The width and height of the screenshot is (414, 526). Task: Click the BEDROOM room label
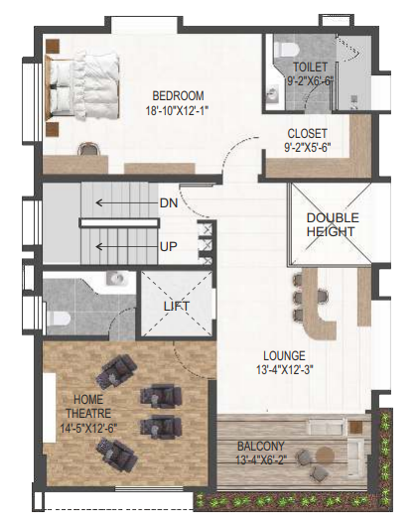coord(178,96)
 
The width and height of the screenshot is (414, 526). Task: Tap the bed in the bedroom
coord(82,85)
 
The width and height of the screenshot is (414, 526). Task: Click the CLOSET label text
coord(307,134)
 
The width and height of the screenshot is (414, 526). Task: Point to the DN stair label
coord(169,203)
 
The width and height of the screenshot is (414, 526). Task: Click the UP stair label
coord(169,247)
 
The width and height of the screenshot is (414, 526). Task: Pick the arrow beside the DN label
coord(127,202)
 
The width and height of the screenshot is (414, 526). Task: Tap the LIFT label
coord(177,306)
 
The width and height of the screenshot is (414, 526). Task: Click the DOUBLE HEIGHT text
coord(333,224)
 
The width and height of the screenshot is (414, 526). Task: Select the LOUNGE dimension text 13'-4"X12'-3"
coord(285,369)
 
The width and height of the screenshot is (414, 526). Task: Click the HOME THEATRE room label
coord(88,406)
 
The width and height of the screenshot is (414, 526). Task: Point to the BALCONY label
coord(261,447)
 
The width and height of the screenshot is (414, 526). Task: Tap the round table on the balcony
coord(325,456)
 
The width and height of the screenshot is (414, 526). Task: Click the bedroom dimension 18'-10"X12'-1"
coord(177,111)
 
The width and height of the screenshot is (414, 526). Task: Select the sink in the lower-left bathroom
coord(117,279)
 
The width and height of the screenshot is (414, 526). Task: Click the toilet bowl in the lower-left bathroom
coord(58,319)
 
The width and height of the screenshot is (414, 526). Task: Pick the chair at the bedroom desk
coord(88,149)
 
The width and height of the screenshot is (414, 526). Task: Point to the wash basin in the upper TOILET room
coord(274,93)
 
